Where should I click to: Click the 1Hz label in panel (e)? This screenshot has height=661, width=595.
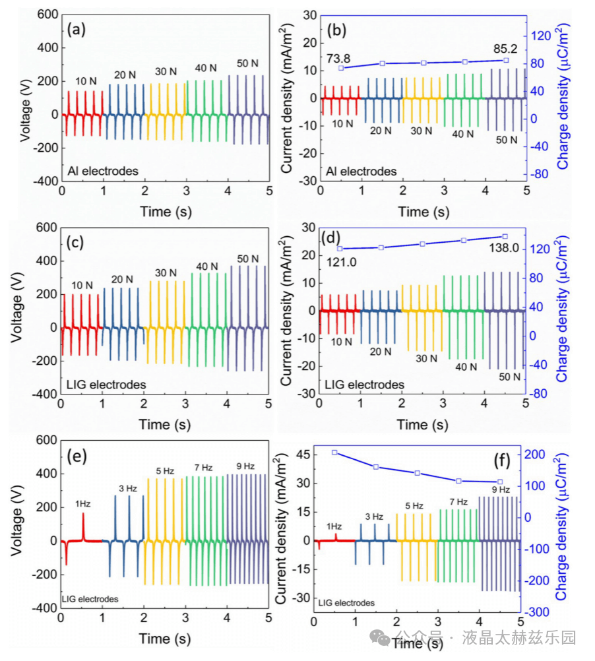pos(82,503)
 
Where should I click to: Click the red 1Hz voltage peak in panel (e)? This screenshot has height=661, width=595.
pos(83,515)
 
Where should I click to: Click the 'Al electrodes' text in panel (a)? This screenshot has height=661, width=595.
pos(103,171)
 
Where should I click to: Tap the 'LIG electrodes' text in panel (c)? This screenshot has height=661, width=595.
pos(106,383)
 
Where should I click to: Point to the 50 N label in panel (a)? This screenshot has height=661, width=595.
pos(247,64)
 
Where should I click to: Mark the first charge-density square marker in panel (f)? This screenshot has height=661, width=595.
pos(334,453)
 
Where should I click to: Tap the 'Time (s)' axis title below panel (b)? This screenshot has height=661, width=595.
pos(423,211)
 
